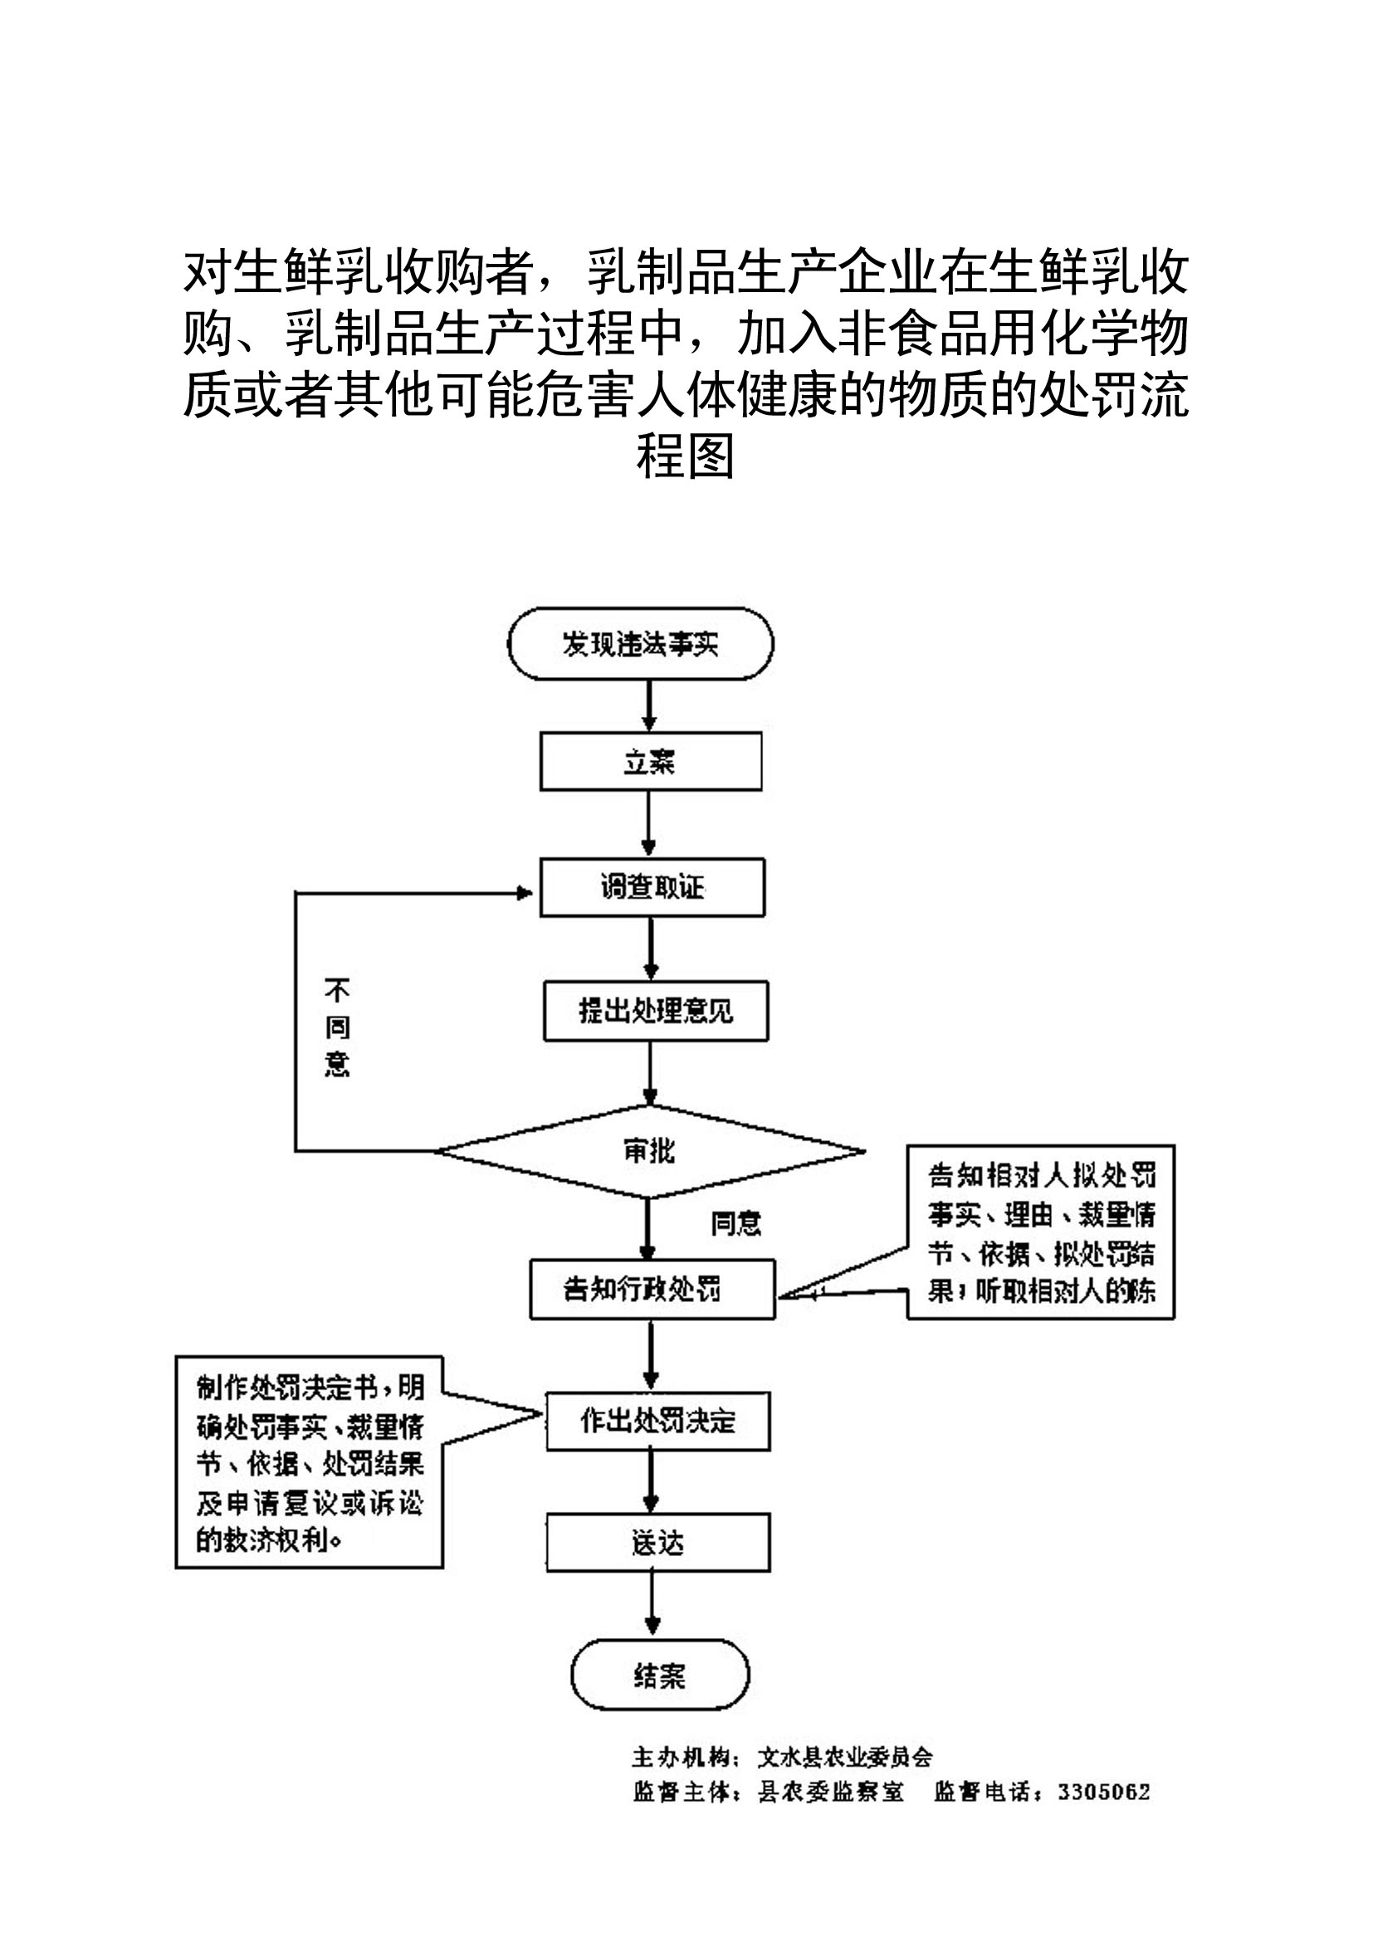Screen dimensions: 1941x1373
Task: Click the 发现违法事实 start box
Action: (640, 644)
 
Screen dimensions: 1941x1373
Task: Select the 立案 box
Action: (650, 762)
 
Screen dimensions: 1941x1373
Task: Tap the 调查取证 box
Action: (652, 888)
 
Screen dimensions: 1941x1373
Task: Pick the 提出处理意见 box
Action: (655, 1010)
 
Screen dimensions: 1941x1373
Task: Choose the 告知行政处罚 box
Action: (652, 1290)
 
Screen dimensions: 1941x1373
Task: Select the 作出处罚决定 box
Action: (657, 1420)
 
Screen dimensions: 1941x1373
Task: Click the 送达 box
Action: (657, 1543)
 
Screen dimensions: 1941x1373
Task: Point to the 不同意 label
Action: (336, 1027)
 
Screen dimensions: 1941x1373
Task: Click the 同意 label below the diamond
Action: (735, 1223)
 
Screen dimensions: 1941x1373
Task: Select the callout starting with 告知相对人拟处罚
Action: (1041, 1231)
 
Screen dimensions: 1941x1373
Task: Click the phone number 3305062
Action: (1103, 1792)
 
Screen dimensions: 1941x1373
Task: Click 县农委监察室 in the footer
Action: (830, 1792)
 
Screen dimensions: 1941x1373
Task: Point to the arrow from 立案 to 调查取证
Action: (649, 824)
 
